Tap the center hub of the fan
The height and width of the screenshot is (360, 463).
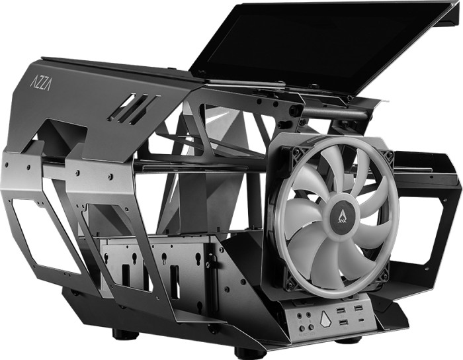(342, 212)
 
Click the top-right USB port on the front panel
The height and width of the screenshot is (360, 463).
(358, 309)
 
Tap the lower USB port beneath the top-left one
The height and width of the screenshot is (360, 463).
(344, 323)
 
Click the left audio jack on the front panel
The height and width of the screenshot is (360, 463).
(301, 315)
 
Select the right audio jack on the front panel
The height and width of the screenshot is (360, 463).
(309, 314)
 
